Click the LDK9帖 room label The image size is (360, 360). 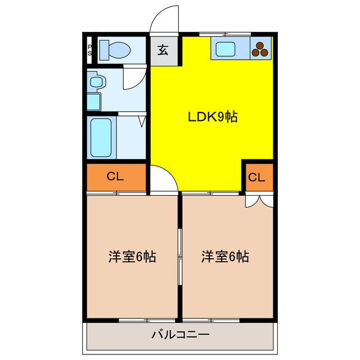(212, 117)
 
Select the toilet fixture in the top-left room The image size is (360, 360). (116, 50)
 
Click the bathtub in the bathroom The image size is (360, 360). (102, 138)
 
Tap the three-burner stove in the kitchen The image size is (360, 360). (260, 49)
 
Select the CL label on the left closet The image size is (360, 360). (115, 177)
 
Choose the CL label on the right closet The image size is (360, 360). (256, 178)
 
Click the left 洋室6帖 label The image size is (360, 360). (132, 257)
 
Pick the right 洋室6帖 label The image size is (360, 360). (226, 257)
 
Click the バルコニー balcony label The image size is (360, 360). (181, 335)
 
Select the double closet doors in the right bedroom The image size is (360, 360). (259, 200)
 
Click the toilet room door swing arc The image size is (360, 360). (133, 76)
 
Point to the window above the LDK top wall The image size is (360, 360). (217, 34)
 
